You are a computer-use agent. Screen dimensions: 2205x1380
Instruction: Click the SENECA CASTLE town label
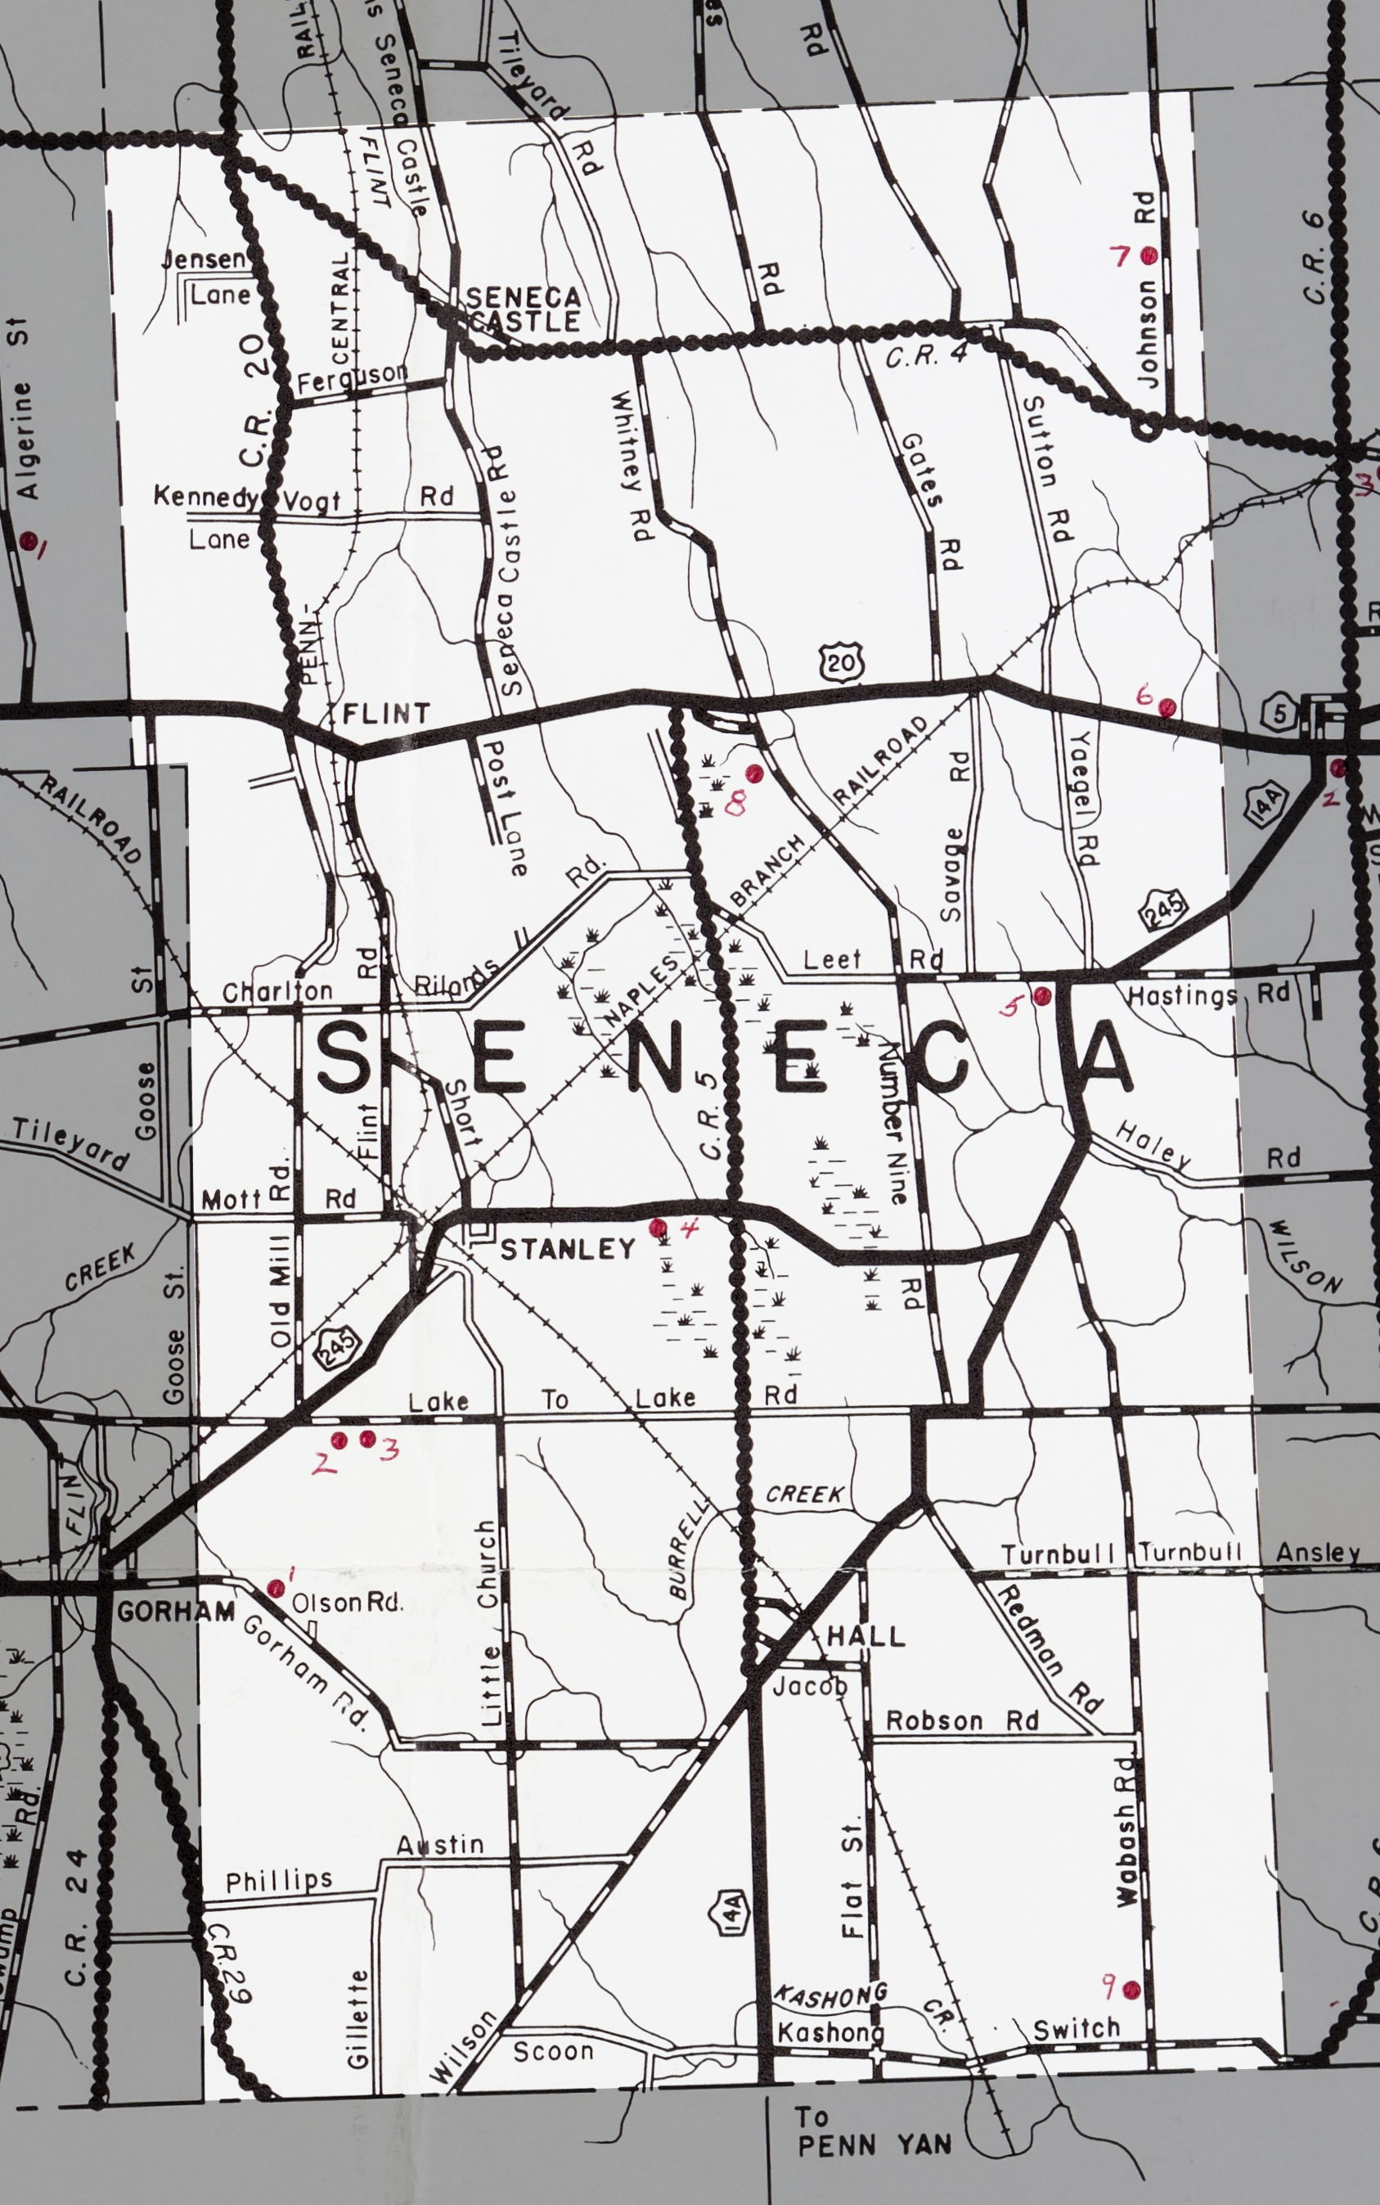tap(523, 309)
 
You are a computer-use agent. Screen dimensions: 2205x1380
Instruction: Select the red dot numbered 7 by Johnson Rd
tap(1149, 255)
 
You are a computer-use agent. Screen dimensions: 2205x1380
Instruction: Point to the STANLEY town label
tap(568, 1249)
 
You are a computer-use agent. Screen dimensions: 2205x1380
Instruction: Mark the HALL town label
tap(866, 1636)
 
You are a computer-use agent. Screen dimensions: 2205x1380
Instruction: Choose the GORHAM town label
tap(176, 1612)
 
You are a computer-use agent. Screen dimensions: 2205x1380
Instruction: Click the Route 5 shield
tap(1279, 714)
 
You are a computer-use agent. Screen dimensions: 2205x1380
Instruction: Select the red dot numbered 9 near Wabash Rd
tap(1132, 1990)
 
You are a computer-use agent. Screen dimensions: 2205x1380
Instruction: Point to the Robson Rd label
tap(962, 1721)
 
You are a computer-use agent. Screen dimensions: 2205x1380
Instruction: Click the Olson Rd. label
tap(347, 1603)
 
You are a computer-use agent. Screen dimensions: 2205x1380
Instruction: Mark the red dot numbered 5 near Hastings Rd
tap(1041, 995)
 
